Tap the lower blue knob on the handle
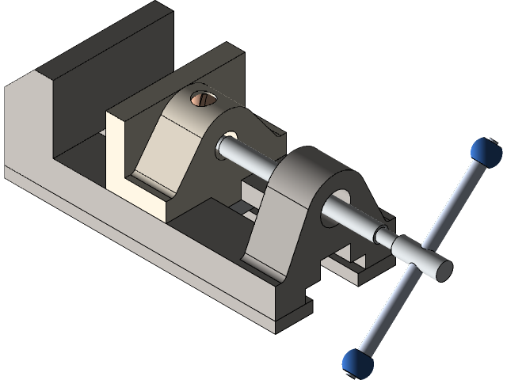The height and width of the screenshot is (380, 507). pos(358,363)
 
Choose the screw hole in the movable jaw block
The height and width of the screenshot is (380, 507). pos(231,137)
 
